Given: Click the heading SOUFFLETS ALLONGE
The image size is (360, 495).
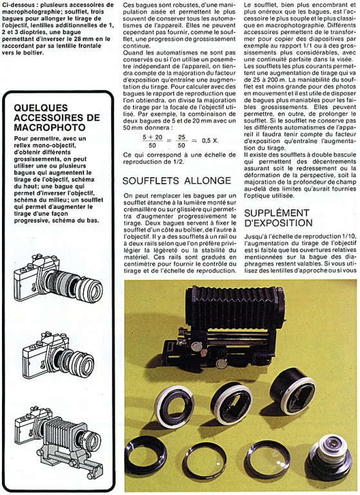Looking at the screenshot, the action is coord(177,180).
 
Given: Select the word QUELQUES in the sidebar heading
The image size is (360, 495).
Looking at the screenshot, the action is coord(41,108).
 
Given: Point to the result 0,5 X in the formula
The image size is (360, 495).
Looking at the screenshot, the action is coord(210,141).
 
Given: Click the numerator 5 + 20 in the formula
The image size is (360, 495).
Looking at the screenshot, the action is coord(152,137).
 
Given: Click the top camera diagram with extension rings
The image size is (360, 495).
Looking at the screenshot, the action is coord(59,278).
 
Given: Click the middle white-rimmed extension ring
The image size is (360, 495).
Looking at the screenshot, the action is coord(232,402).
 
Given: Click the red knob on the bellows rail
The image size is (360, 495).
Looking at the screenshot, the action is coord(204,352).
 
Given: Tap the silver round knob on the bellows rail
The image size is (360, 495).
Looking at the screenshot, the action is coord(197,347).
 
